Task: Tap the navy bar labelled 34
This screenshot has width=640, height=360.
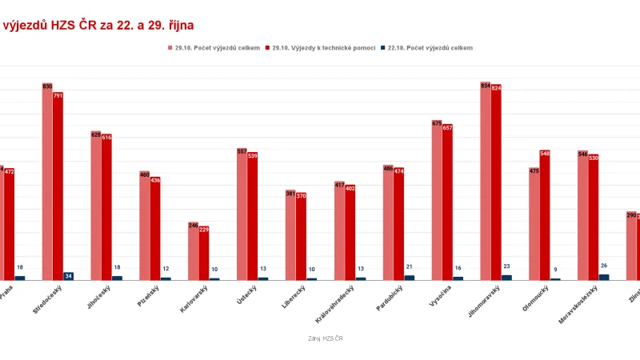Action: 69,276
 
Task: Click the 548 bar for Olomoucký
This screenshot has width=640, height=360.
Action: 545,216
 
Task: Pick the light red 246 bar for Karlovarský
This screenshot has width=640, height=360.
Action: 193,252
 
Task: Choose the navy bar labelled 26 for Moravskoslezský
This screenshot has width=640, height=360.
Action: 604,277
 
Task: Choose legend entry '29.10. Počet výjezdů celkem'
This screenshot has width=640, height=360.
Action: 214,48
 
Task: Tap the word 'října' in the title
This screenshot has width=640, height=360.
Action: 177,26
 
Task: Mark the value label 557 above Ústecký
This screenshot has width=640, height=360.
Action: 242,151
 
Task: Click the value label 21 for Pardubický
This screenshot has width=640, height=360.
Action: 410,267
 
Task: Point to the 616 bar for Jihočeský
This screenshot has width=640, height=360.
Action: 106,207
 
